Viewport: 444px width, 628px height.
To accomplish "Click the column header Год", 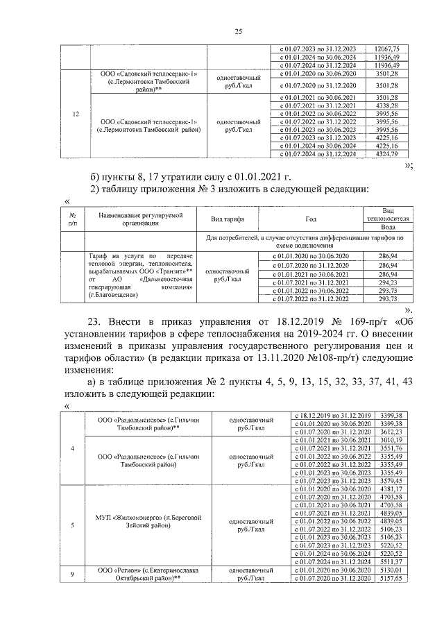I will pos(310,219).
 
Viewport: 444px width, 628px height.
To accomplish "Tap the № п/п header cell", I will pos(72,219).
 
